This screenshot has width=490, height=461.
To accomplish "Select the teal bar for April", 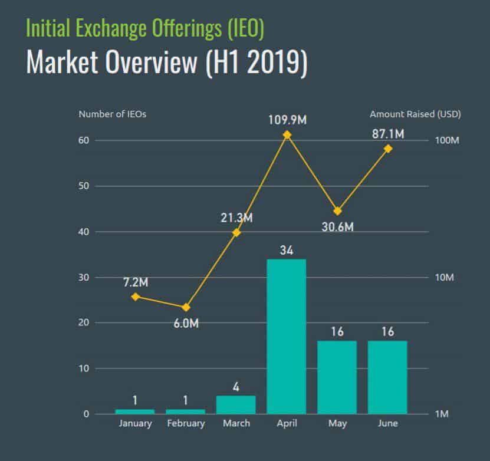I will (287, 336).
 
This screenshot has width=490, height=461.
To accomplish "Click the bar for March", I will (236, 404).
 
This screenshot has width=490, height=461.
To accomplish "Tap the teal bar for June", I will (387, 377).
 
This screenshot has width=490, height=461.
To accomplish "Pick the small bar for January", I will (135, 411).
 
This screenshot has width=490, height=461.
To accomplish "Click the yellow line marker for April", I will (287, 135).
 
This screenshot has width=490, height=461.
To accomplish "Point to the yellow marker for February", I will (186, 307).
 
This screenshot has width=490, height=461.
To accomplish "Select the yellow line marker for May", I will (337, 211).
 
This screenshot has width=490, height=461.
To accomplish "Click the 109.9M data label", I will (287, 120).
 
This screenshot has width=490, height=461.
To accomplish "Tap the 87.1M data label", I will (387, 134).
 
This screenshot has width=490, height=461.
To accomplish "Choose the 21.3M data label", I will (236, 218).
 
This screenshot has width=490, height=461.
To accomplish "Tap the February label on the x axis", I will (186, 423).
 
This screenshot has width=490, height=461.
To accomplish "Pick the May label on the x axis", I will (337, 423).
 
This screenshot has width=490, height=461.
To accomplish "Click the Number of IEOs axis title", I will (112, 114).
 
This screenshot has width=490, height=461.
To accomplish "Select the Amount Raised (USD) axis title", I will (415, 114).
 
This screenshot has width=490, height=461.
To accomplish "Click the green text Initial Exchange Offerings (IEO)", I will (145, 27).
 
